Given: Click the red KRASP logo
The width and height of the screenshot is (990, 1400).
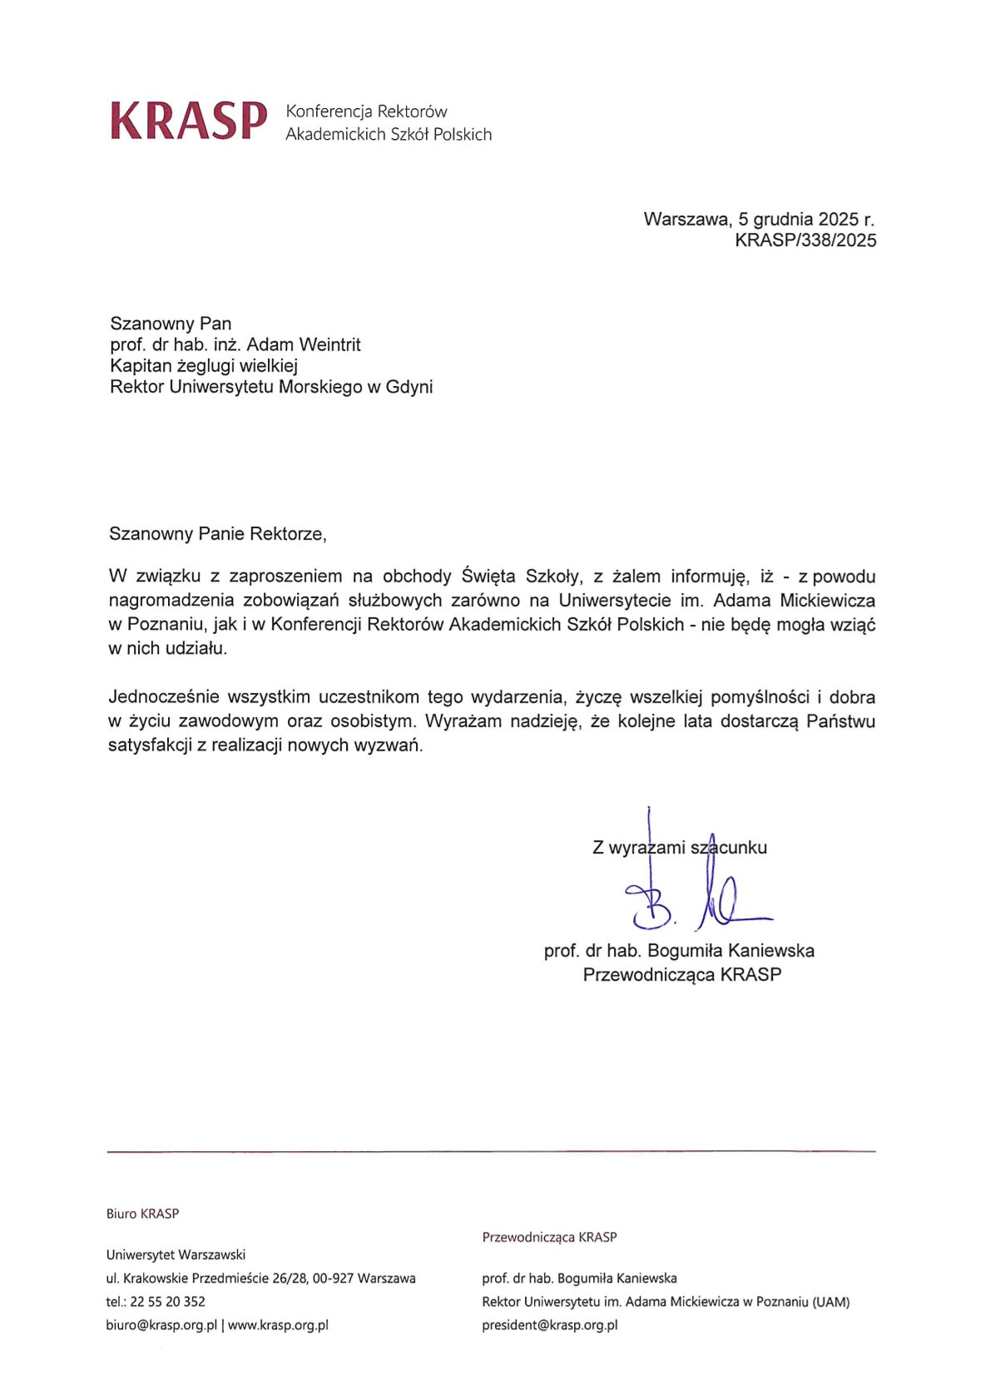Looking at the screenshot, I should click(189, 121).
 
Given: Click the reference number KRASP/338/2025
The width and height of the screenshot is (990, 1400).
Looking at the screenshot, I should click(805, 240).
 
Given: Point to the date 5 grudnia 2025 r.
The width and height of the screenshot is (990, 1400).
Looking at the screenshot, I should click(806, 220).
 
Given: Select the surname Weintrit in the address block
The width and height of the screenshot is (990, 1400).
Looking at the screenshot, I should click(329, 344).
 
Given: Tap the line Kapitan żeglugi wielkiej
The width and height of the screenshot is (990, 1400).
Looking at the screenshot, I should click(204, 365).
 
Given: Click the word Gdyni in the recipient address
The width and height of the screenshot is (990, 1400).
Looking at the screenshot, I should click(409, 387).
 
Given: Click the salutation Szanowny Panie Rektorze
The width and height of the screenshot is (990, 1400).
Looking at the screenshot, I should click(217, 534).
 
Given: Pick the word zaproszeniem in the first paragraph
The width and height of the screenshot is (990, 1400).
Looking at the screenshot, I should click(285, 576).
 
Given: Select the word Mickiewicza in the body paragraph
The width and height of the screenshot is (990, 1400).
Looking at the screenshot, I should click(827, 601).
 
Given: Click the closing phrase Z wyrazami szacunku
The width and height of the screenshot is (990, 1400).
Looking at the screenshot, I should click(680, 848).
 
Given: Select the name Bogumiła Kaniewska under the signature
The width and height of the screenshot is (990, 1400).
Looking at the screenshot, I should click(730, 951).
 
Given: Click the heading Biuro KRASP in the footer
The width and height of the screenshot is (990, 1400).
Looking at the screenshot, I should click(142, 1214).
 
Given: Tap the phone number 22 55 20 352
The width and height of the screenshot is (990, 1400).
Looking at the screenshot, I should click(167, 1302).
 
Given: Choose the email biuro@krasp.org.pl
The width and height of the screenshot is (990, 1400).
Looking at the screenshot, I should click(161, 1325).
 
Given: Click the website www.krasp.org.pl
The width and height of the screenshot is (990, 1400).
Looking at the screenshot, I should click(278, 1325).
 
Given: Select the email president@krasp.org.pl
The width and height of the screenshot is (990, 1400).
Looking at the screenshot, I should click(549, 1325).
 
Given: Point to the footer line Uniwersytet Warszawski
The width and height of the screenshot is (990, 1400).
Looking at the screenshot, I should click(176, 1254).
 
